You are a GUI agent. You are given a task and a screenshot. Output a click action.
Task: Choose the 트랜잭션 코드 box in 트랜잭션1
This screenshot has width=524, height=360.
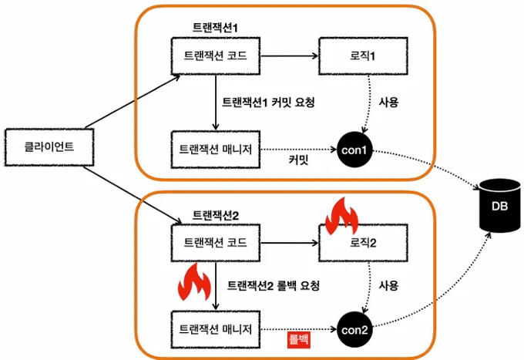click(216, 56)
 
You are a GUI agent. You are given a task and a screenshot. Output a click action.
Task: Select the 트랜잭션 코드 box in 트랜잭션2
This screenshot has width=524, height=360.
click(216, 244)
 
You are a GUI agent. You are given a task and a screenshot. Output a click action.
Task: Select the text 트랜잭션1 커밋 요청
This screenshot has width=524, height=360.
click(268, 101)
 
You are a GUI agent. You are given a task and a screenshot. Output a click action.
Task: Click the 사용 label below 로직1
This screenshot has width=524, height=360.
click(388, 101)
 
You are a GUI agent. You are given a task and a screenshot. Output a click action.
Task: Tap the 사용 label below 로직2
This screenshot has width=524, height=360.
click(388, 285)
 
